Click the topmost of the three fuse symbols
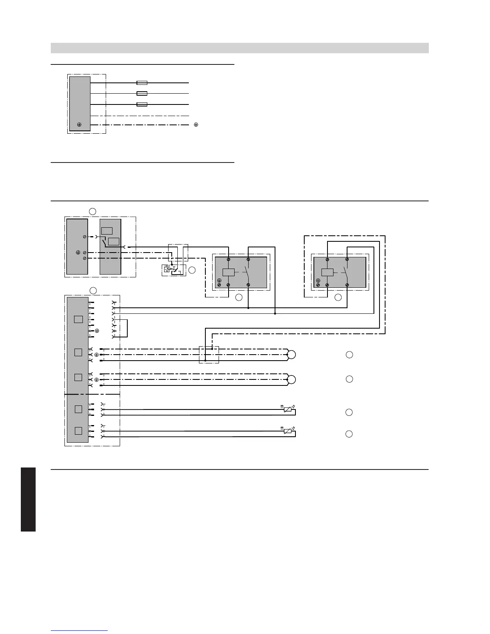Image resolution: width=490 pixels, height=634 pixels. click(142, 83)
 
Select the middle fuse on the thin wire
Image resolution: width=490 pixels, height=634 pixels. click(142, 94)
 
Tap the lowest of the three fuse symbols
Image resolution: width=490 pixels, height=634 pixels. click(142, 104)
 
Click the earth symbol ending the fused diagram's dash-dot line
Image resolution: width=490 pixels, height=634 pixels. click(196, 125)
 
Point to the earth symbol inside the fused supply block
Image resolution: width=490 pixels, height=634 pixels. click(79, 125)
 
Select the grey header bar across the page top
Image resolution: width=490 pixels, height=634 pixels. click(239, 48)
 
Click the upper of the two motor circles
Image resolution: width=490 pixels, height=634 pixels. click(292, 355)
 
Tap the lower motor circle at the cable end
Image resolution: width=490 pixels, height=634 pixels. click(292, 379)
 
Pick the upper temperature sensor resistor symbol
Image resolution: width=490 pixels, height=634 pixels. click(287, 409)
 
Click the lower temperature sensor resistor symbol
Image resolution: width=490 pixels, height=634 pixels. click(287, 431)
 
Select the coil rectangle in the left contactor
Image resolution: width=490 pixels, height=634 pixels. click(228, 272)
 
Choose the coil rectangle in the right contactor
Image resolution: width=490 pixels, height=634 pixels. click(327, 272)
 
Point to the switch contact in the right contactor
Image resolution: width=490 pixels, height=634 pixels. click(346, 272)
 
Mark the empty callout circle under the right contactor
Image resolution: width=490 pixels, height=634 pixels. click(338, 297)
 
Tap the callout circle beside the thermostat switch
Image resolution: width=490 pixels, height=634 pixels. click(192, 270)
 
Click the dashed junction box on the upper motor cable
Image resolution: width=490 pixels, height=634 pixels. click(209, 355)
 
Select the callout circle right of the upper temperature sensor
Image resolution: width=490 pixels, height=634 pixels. click(349, 412)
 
